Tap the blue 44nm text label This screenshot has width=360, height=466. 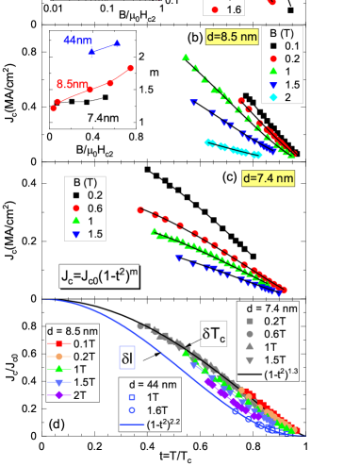[72, 42]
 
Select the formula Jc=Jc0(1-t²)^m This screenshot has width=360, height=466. [100, 276]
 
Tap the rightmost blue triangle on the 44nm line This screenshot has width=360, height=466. [117, 43]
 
